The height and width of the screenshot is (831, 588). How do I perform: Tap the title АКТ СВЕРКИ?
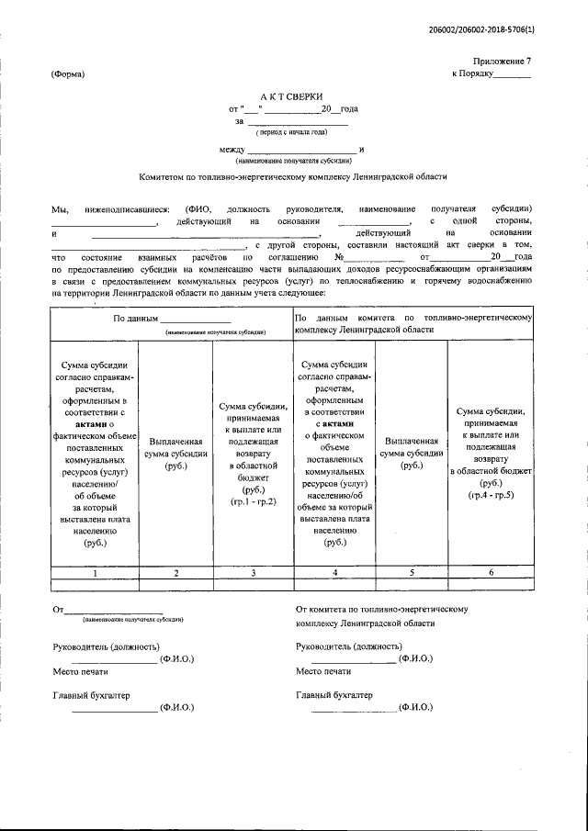pos(288,95)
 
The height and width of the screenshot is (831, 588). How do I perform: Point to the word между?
pos(232,149)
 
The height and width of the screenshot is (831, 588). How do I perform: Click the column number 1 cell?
pos(94,598)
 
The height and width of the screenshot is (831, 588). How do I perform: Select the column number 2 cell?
pos(175,598)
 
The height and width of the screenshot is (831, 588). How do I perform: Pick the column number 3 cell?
pos(253,598)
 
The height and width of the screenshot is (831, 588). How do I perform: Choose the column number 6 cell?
pos(491,598)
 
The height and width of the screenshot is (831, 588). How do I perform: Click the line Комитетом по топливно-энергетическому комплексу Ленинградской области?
pos(292,176)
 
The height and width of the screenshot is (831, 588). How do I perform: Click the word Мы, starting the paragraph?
pos(60,210)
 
